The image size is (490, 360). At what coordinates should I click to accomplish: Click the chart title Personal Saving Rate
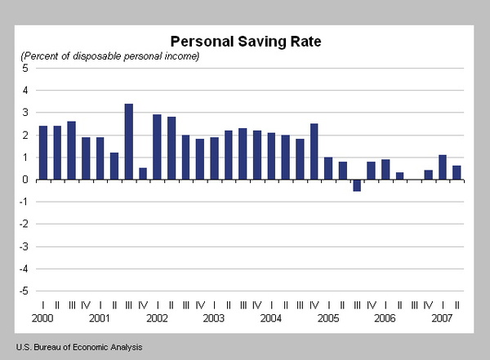pos(246,42)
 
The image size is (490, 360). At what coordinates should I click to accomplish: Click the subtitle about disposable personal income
pos(110,56)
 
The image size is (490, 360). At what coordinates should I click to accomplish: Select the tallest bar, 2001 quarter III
pos(129,141)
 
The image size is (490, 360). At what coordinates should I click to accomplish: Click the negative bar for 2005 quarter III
pos(357,185)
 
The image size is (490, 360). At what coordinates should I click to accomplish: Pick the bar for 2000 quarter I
pos(43,153)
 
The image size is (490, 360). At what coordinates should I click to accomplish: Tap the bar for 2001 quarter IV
pos(143,174)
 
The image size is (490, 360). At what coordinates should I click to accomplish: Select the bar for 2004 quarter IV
pos(314,152)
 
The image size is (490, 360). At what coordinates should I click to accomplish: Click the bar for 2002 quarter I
pos(157,147)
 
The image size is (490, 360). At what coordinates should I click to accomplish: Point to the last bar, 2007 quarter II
pos(457,173)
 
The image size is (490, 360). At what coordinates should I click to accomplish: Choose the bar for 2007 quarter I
pos(443,167)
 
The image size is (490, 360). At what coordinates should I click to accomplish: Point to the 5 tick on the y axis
pos(25,68)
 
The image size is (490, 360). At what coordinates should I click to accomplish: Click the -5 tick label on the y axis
pos(24,291)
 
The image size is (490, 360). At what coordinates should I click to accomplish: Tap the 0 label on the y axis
pos(25,180)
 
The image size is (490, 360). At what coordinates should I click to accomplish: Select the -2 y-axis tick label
pos(24,224)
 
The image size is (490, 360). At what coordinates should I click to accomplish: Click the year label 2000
pos(42,318)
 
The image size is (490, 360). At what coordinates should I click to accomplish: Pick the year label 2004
pos(271,318)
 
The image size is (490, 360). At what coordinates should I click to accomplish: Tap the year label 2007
pos(442,318)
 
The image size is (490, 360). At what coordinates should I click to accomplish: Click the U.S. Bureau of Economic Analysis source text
pos(79,347)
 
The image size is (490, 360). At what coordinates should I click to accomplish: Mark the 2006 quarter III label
pos(414,305)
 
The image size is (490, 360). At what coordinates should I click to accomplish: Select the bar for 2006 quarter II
pos(399,176)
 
